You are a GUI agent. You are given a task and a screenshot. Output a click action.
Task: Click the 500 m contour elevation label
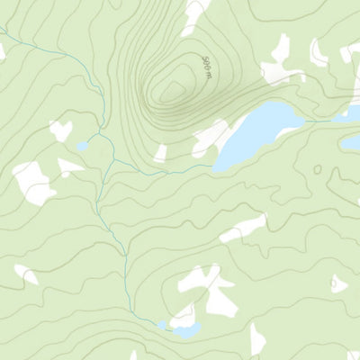207,65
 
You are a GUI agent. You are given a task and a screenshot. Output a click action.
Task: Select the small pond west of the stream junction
83,145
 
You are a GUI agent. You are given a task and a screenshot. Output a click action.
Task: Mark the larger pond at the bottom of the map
186,331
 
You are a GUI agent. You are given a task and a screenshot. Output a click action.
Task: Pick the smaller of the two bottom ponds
162,325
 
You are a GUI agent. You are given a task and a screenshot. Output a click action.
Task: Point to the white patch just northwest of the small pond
61,130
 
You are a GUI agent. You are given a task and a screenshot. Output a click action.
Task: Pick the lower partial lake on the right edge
349,144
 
